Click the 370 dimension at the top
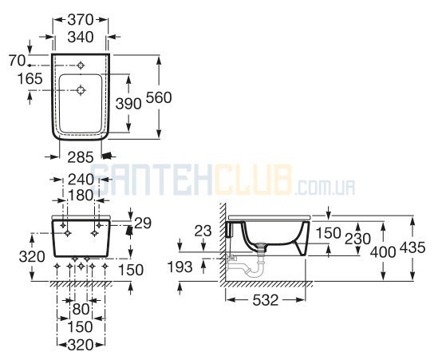[81, 20]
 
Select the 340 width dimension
[81, 37]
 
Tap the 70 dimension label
[17, 61]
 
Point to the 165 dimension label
[30, 79]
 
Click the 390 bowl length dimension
[128, 104]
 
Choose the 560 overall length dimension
[159, 97]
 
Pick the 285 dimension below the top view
[81, 157]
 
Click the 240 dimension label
[81, 180]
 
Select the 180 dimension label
[81, 196]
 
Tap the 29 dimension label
[143, 224]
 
